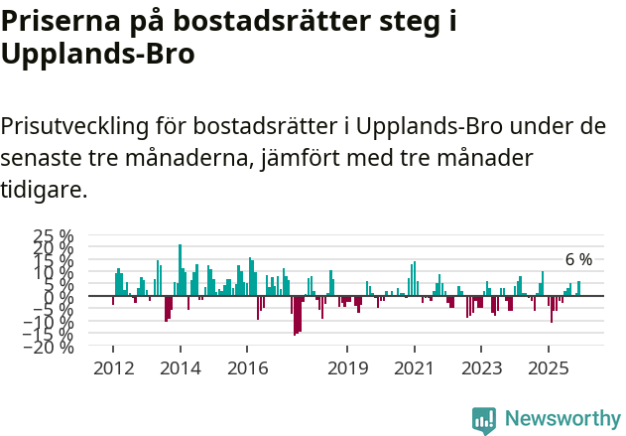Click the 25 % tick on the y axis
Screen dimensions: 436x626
[x=55, y=236]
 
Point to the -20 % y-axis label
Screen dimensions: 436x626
[x=51, y=347]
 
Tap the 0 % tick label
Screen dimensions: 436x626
[x=60, y=297]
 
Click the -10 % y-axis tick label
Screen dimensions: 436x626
[x=51, y=322]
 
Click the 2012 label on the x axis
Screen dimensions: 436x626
[x=112, y=368]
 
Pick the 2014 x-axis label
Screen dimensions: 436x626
[x=180, y=368]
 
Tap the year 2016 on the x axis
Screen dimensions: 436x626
[x=247, y=368]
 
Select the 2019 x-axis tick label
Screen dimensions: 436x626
[x=347, y=368]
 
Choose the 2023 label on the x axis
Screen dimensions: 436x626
[x=481, y=368]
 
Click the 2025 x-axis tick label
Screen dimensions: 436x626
[x=549, y=368]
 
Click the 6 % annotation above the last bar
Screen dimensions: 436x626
[x=578, y=260]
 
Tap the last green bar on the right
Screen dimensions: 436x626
[x=579, y=289]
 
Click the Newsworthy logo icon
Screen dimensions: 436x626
[x=484, y=420]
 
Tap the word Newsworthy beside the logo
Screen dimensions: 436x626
[x=562, y=420]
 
